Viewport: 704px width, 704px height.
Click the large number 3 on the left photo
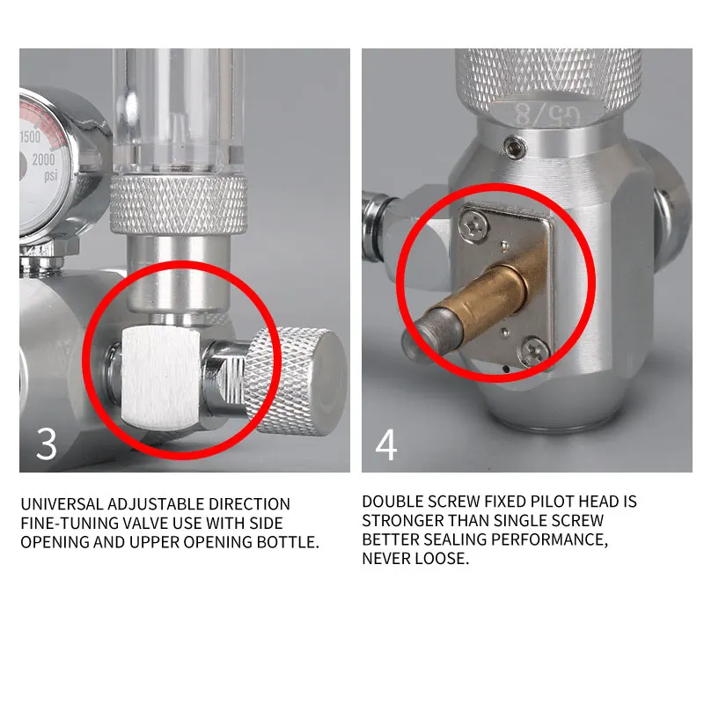point(47,444)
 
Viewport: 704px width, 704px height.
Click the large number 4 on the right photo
point(386,444)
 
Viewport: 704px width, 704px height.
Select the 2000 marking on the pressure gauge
point(42,159)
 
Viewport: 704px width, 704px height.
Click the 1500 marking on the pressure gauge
point(31,137)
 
